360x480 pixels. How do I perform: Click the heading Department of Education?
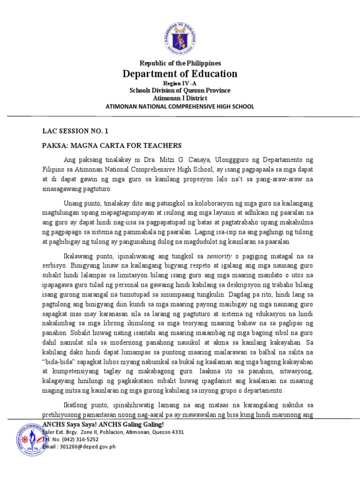(x=180, y=74)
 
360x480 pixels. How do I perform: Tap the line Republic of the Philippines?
(x=180, y=63)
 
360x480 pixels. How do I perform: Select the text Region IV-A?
(x=180, y=82)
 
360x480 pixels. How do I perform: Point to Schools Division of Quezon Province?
(x=180, y=90)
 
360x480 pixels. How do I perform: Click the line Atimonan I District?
(x=180, y=98)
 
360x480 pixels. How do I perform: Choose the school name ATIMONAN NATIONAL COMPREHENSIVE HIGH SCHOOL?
(x=180, y=106)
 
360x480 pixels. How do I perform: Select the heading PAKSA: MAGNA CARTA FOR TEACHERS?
(x=112, y=145)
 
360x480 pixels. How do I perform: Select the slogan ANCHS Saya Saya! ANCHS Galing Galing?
(x=103, y=424)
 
